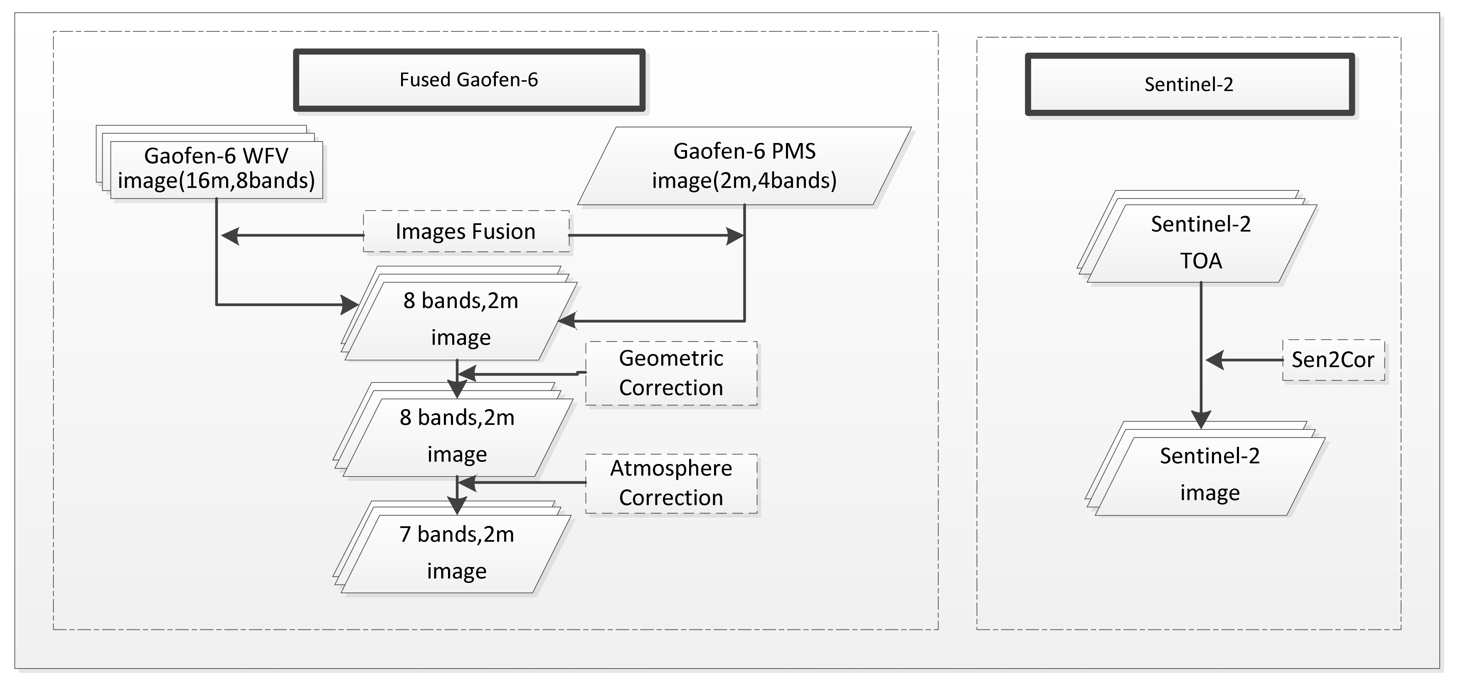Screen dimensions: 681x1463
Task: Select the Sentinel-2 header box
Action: [1189, 85]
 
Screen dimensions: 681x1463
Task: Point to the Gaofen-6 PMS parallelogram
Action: [744, 165]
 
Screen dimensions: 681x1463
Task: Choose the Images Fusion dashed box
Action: [465, 231]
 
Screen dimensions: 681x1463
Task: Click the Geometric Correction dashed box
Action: [671, 373]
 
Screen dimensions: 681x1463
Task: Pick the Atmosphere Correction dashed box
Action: [671, 484]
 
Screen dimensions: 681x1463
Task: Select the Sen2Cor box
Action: [1332, 360]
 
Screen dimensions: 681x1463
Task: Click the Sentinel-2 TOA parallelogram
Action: [1201, 243]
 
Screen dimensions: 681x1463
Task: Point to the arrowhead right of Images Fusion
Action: [735, 235]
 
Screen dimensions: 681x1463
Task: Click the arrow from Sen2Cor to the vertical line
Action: [1215, 360]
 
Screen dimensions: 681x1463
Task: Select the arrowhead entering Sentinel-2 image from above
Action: [1201, 420]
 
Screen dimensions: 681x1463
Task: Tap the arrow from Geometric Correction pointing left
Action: [467, 374]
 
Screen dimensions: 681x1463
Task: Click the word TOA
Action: [1201, 261]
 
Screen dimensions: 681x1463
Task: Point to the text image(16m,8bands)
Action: [217, 180]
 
